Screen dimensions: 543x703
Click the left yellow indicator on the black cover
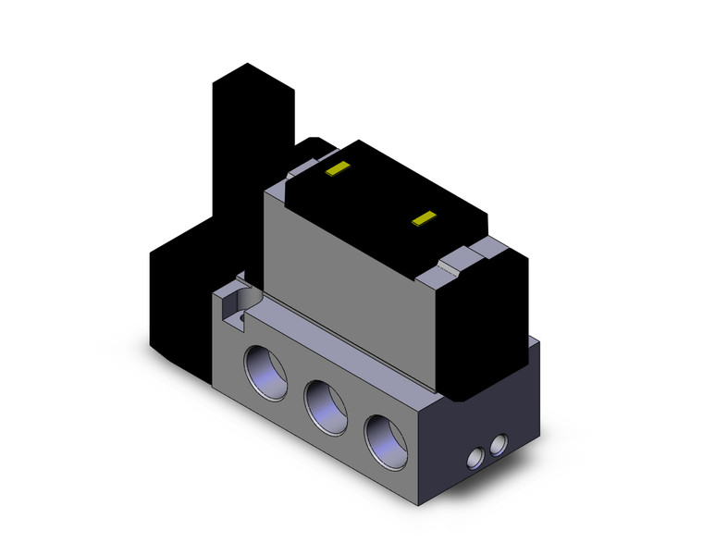[338, 169]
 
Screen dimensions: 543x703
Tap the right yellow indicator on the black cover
[424, 218]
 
